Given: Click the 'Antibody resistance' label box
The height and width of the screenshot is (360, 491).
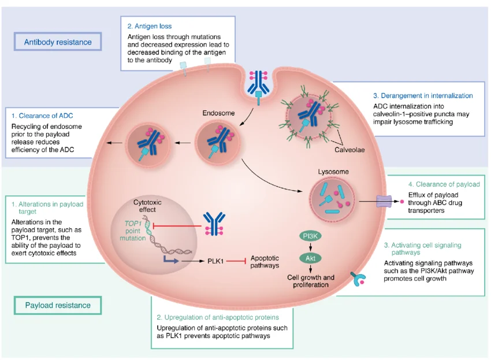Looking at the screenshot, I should point(57,42).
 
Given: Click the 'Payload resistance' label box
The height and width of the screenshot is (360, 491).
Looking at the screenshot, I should point(58,305).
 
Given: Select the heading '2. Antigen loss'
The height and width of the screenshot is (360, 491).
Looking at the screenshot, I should point(150,26).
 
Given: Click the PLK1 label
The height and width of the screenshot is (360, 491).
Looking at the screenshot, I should point(215,262).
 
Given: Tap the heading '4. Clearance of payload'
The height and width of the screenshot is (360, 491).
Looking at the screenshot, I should point(436,184).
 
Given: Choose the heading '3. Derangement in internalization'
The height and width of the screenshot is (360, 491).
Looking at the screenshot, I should point(423,95).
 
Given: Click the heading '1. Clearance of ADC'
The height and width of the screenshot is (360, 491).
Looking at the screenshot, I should point(42,116).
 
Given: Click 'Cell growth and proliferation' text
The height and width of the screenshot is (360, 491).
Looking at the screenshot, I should point(311,281).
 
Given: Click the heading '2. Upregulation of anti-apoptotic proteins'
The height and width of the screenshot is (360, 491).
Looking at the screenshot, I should point(218,317).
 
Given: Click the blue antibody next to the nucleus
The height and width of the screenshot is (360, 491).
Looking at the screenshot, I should point(214,223).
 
